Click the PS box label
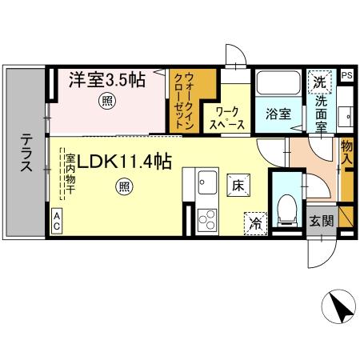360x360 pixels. tap(346, 76)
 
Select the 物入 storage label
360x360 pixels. tap(346, 152)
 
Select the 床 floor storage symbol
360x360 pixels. tap(238, 185)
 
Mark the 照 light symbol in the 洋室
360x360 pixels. tap(105, 101)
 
